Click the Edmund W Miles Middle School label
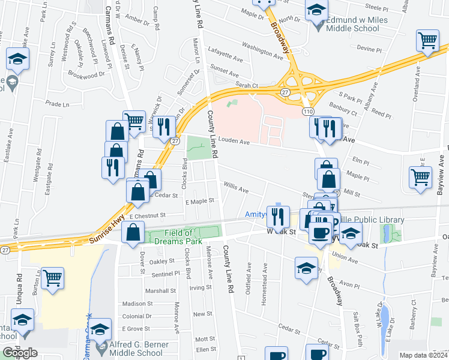tap(357, 25)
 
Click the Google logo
tap(20, 353)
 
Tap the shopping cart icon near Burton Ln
tap(52, 278)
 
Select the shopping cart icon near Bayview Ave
tap(420, 177)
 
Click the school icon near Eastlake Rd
tap(18, 59)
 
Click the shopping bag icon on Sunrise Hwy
tap(133, 233)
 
